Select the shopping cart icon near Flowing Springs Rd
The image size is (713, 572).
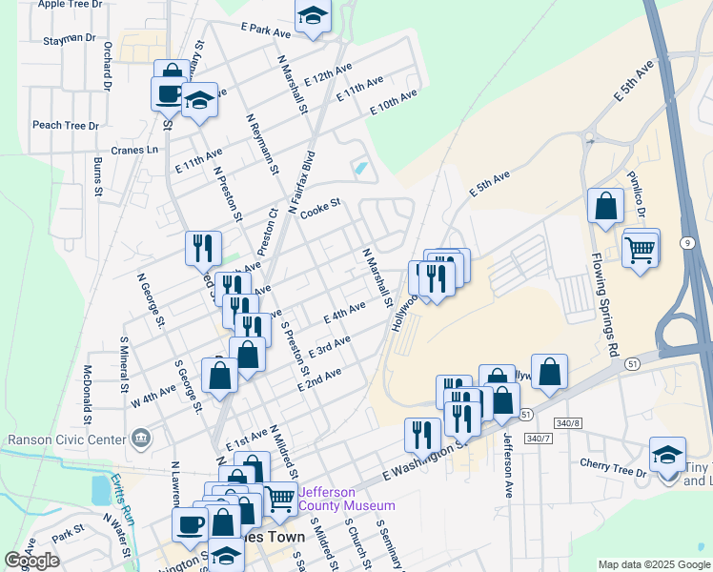641,250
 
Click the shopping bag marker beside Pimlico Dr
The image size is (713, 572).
606,206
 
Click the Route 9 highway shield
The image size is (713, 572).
687,244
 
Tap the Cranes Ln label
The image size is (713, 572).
133,150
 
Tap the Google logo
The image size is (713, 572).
31,561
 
